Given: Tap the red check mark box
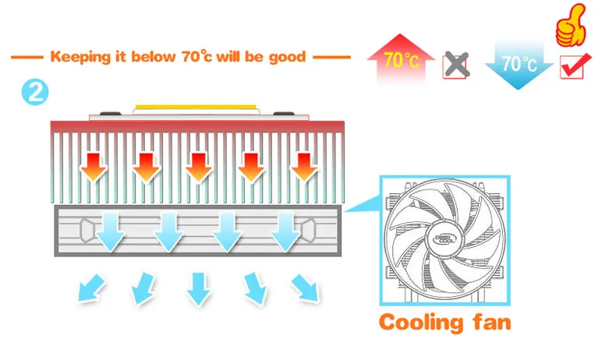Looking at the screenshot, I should pos(575,66).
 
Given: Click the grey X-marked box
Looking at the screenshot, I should pos(455,65).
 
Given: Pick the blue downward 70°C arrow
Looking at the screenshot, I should pos(519,61).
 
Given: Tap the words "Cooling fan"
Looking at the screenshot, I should pos(445,322).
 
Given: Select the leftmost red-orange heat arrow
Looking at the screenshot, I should pos(94,165).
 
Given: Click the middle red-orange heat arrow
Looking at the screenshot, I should pos(199,165).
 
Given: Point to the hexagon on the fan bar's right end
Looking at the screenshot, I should pos(309,229).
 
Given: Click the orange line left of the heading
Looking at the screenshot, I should pos(28,57).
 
